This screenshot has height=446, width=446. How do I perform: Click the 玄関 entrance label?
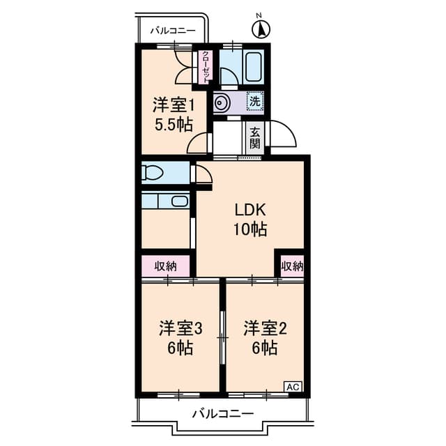coord(255,139)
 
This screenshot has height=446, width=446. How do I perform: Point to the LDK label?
coord(250,210)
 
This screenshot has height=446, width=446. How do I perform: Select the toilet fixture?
coord(152,172)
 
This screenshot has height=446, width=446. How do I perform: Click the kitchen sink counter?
coord(166,201)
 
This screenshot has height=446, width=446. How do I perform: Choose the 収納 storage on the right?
coord(293,266)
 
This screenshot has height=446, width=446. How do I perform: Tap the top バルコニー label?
coord(171,31)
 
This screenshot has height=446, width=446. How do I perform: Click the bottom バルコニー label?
coord(222,414)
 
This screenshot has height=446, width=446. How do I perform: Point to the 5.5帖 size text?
coord(173,125)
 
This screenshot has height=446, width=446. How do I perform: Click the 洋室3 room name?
coord(180,328)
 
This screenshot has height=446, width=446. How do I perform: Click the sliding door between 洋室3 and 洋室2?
coord(222,337)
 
